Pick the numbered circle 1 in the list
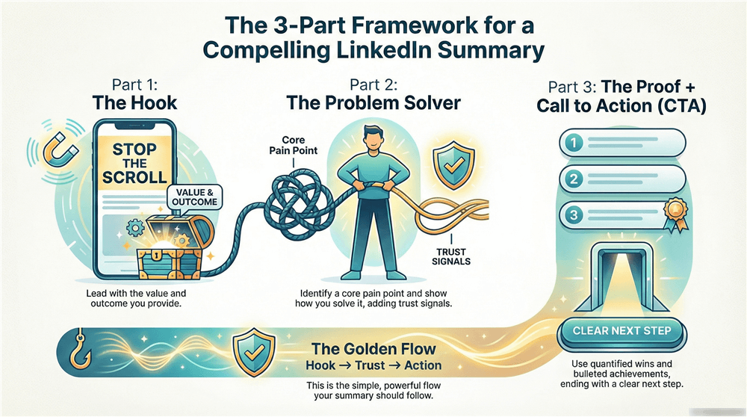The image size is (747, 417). coord(573,141)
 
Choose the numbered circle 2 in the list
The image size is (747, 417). coord(573,179)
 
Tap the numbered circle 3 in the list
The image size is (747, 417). coord(573,216)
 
